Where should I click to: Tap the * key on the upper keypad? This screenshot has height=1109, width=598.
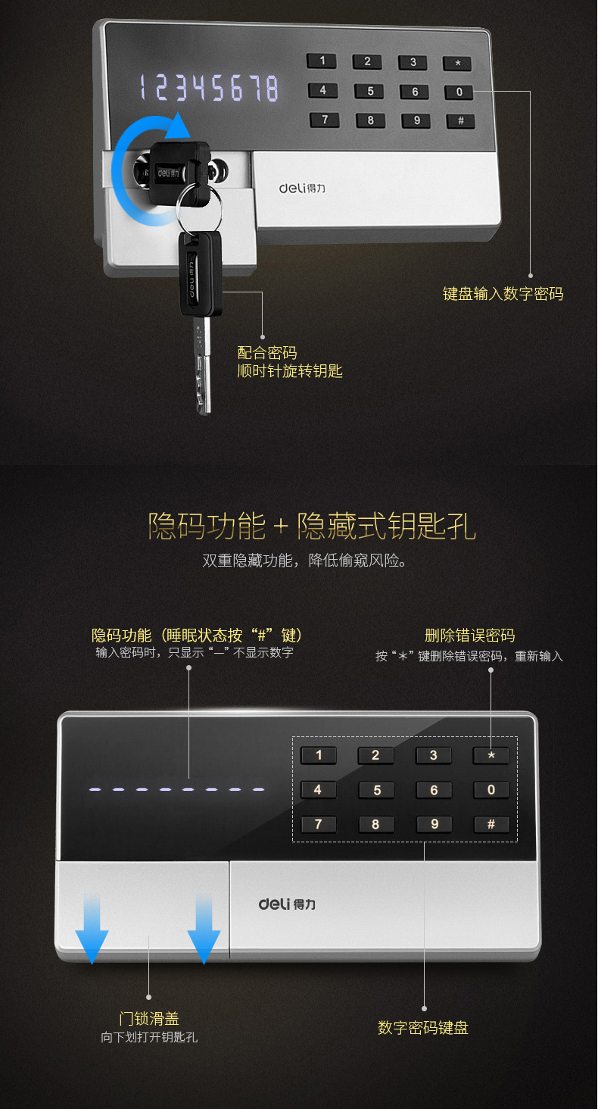tap(457, 63)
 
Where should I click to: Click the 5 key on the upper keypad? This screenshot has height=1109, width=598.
tap(369, 91)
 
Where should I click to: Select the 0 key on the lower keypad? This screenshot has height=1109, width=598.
tap(491, 789)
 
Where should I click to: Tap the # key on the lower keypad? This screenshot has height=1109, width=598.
tap(491, 824)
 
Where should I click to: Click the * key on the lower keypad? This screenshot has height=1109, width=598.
tap(491, 755)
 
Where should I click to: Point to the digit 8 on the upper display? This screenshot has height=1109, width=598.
tap(272, 89)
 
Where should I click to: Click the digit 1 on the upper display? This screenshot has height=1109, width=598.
tap(143, 88)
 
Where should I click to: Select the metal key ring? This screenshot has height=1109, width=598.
tap(199, 208)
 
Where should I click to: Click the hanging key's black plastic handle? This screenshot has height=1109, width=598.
tap(199, 273)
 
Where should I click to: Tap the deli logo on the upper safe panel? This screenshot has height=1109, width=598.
tap(302, 188)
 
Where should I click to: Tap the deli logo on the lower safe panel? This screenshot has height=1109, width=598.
tap(287, 904)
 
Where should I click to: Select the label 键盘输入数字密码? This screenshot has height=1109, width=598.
tap(503, 294)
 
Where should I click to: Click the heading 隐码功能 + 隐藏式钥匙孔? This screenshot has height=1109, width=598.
tap(312, 526)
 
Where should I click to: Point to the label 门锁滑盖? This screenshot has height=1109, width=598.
tap(149, 1018)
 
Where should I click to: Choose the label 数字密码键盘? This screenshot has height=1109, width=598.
tap(423, 1028)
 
